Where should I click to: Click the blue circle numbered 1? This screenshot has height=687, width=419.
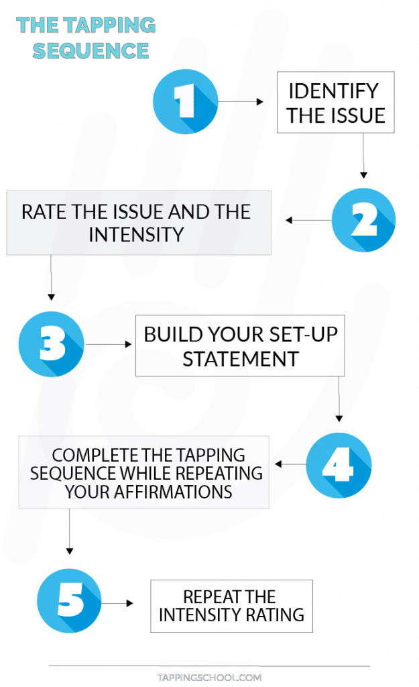[186, 101]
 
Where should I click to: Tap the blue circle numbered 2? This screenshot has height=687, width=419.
[363, 220]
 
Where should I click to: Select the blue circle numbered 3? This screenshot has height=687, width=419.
[51, 344]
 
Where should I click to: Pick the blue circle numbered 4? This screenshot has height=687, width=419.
[339, 465]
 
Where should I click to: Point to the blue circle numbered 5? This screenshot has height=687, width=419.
[69, 600]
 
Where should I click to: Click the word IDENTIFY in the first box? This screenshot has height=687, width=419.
[334, 91]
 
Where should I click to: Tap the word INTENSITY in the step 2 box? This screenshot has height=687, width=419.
[137, 234]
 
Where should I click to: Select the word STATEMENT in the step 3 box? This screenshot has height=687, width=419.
[241, 360]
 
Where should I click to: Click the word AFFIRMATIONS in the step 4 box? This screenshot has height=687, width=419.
[173, 492]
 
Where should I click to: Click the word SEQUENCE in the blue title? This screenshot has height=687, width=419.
[91, 51]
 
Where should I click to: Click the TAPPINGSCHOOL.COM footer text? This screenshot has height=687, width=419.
[209, 678]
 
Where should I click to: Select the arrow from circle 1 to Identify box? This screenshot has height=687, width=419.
[241, 102]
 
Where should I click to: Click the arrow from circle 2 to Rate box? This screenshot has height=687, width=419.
[308, 220]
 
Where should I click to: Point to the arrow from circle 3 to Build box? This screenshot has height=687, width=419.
[108, 344]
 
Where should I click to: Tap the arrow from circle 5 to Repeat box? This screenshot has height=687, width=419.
[117, 603]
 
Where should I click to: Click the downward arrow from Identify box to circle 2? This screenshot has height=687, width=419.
[363, 156]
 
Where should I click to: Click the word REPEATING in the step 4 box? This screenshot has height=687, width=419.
[221, 474]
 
